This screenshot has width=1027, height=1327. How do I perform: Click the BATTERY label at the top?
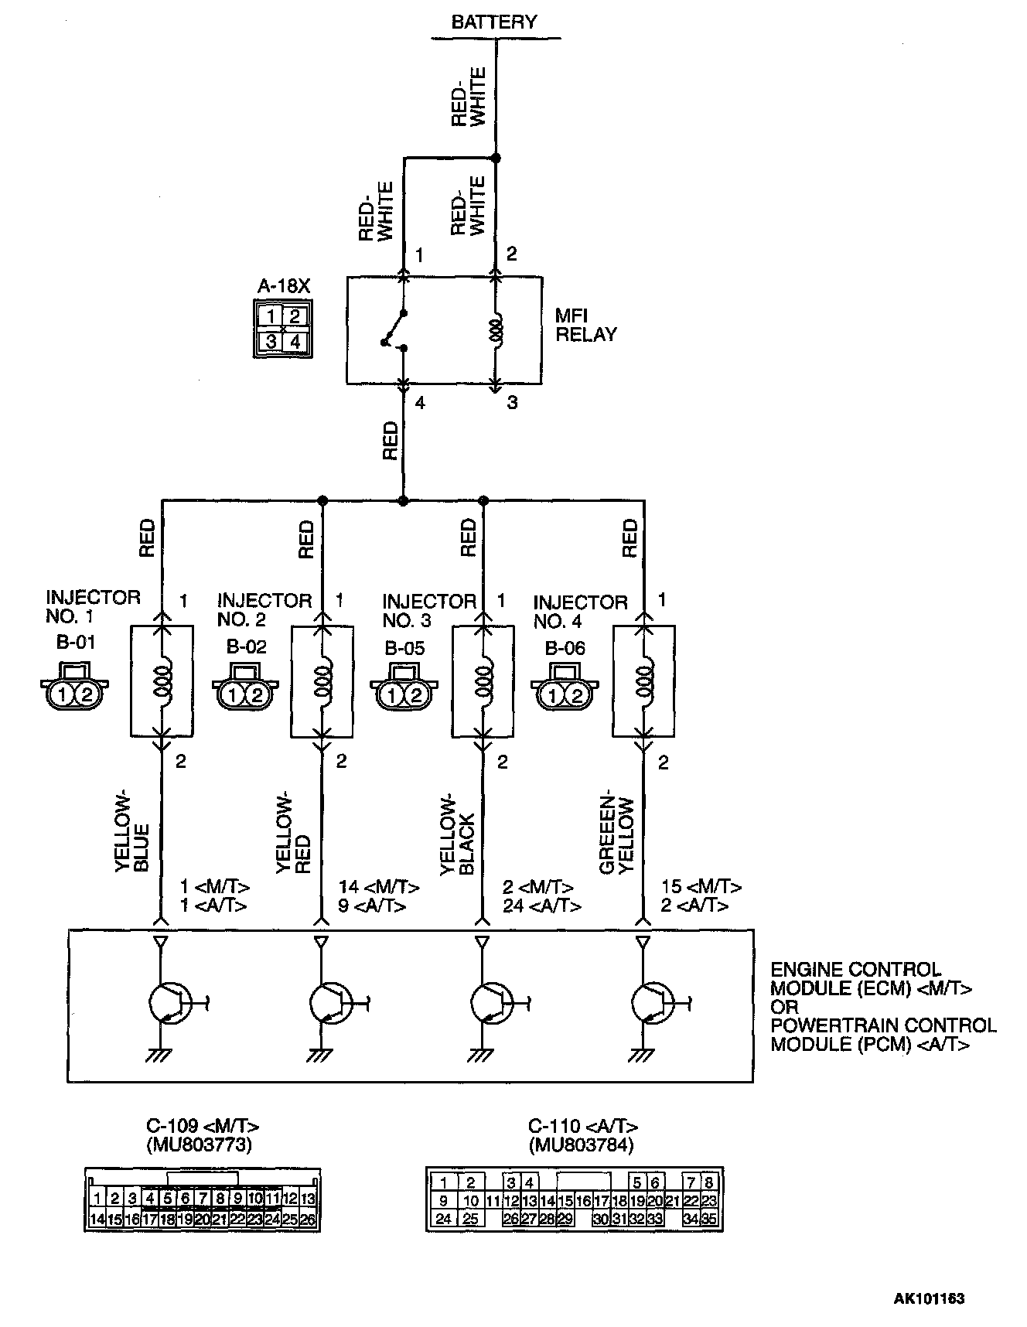point(494,22)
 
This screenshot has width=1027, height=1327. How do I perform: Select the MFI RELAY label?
point(585,326)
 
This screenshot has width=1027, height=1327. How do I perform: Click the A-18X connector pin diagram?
point(283,329)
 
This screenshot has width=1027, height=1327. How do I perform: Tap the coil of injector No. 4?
point(644,678)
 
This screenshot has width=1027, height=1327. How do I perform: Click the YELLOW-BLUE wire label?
point(132,834)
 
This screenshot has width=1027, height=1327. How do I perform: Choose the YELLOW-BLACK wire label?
point(456,834)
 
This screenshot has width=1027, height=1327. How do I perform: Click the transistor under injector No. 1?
point(168,1003)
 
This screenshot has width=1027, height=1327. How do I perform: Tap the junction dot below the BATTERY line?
point(496,159)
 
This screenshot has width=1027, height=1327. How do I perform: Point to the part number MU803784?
point(581,1145)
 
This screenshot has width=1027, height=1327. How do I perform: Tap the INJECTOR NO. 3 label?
point(428,611)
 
